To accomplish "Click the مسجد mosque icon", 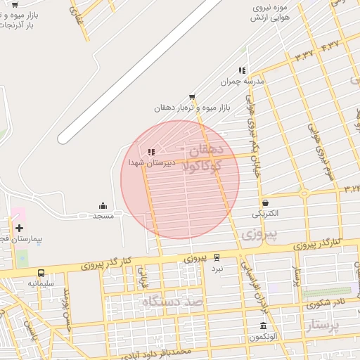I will tap(103, 205).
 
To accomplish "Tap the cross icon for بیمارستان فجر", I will tap(19, 228).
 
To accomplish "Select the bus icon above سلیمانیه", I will tap(41, 273).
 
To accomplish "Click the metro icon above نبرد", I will tap(217, 257).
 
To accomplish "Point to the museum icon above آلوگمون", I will tap(263, 326).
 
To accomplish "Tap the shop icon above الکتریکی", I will tap(264, 202).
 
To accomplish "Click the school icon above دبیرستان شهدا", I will tap(150, 152).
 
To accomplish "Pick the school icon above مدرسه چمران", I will tap(242, 70).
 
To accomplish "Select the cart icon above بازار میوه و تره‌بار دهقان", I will tap(192, 97).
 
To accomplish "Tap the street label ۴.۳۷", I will tap(330, 46).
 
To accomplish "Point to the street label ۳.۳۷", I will tap(304, 55).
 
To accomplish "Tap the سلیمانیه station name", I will tap(41, 283).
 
